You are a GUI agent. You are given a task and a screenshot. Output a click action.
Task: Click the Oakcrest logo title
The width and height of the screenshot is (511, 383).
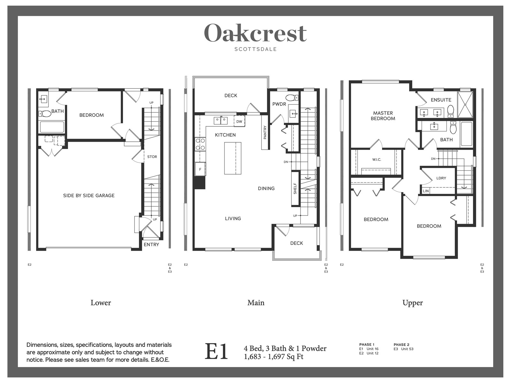click(256, 33)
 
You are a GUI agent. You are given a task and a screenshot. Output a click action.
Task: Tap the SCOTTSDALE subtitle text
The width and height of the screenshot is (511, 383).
click(256, 49)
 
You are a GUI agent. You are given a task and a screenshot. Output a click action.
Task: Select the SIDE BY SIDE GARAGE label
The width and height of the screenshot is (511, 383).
click(89, 196)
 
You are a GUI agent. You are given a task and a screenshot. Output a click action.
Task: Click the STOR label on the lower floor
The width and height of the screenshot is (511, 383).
click(152, 157)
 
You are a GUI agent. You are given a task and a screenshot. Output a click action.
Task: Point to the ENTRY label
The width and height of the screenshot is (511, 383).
click(151, 244)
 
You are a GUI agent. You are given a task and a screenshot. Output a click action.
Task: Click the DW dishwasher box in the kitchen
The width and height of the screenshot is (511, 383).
click(239, 121)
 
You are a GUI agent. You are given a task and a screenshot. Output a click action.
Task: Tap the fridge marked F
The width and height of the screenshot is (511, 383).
click(200, 169)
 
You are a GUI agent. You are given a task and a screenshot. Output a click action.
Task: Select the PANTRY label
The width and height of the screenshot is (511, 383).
click(265, 132)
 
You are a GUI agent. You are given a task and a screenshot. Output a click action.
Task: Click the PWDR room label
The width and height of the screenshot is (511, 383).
click(279, 104)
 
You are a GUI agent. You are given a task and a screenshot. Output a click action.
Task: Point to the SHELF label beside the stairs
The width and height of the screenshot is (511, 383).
click(295, 189)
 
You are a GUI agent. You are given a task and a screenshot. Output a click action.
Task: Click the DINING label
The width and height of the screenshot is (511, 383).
click(266, 188)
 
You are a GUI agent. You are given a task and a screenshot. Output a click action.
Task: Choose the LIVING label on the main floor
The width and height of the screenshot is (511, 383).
click(233, 218)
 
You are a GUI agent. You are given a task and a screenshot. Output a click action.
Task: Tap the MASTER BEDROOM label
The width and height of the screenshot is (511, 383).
click(383, 116)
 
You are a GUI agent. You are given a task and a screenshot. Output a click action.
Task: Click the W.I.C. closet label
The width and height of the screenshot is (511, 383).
click(377, 160)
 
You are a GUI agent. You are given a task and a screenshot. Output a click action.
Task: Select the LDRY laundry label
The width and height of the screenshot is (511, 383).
click(441, 178)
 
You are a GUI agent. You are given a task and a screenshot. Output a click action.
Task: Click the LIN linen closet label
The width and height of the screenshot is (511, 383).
click(425, 191)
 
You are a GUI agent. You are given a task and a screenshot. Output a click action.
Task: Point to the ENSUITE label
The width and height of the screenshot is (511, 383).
click(441, 100)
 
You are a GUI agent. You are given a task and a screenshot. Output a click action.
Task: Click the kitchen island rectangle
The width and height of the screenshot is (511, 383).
click(233, 158)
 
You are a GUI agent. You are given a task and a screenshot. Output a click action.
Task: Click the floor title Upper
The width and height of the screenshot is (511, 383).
click(413, 303)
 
